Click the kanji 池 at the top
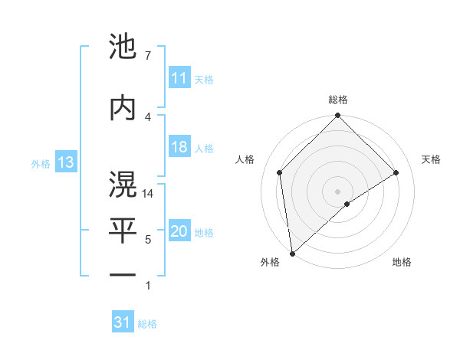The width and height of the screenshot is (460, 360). [x=123, y=47]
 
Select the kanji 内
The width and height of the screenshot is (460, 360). [x=123, y=108]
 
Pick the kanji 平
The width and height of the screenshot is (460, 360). [x=123, y=229]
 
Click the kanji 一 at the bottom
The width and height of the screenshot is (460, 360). [x=123, y=273]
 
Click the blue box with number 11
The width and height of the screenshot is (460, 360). [x=179, y=78]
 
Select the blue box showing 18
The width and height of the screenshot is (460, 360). [x=179, y=147]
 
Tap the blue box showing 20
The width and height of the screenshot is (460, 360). [x=179, y=231]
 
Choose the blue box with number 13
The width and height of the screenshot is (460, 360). [x=66, y=162]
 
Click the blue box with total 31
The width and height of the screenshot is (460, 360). [x=123, y=322]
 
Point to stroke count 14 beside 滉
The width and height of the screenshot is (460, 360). [x=148, y=195]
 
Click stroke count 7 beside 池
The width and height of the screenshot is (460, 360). [x=147, y=56]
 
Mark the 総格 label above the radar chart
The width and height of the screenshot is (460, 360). [x=337, y=100]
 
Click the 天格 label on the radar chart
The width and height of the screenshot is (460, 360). [x=431, y=159]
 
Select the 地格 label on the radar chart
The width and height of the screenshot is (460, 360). [x=402, y=262]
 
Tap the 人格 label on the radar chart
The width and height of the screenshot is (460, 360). [x=245, y=159]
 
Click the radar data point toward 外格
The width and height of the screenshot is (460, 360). [x=291, y=254]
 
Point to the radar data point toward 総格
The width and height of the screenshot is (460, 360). [x=337, y=116]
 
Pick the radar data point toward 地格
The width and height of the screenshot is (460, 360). [x=347, y=204]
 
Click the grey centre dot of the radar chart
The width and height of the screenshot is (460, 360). [x=337, y=190]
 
